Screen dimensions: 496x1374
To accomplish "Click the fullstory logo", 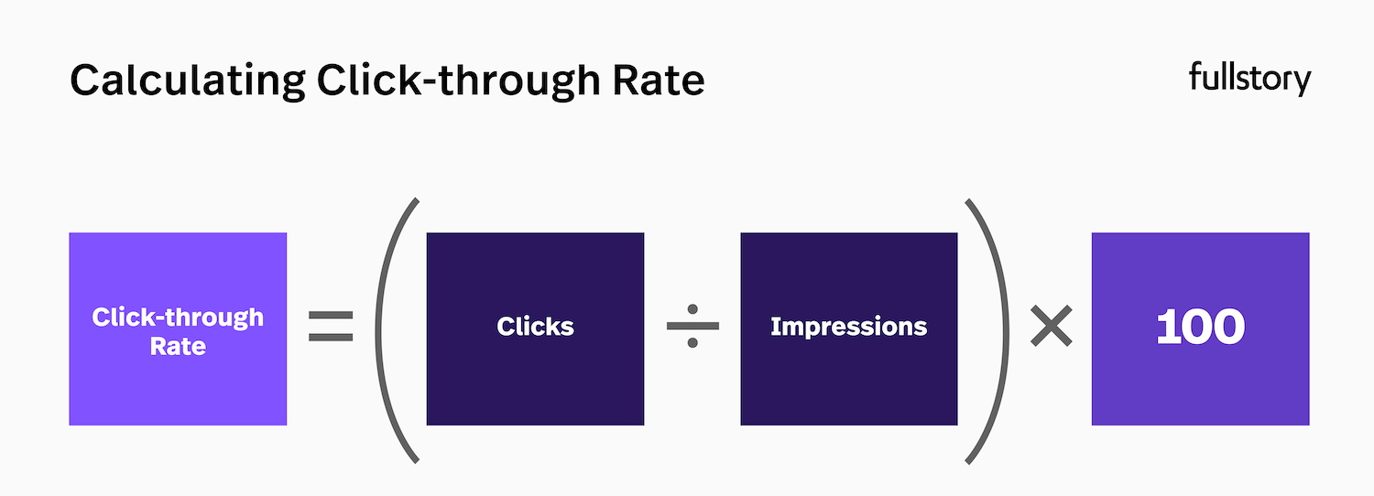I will (1249, 80).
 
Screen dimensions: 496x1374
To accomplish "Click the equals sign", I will (331, 327).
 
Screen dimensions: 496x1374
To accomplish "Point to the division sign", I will (692, 327).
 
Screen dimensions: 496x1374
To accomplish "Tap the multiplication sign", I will (1051, 327).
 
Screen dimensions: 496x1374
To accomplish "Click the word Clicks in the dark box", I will (535, 327).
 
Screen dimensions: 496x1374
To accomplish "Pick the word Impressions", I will (848, 327).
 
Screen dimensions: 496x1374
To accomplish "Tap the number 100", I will (1200, 328).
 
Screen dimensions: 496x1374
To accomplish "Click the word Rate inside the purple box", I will (178, 348).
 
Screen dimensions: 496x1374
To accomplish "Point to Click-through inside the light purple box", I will (178, 318).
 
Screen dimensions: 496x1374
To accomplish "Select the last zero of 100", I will (1226, 328).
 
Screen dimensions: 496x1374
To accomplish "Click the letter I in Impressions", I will (775, 327).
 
